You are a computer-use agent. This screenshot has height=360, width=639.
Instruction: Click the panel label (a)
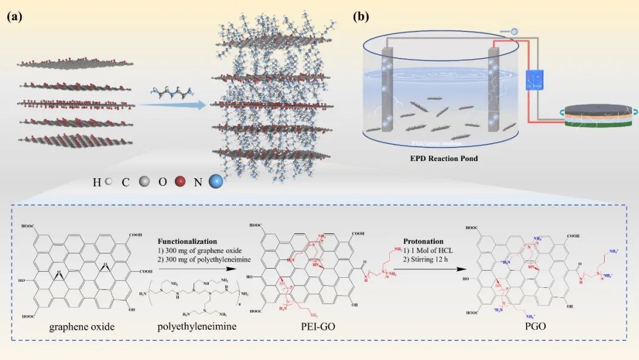15,17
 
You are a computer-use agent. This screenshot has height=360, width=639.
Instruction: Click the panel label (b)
360,17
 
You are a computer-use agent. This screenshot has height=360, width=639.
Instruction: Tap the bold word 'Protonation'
423,242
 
